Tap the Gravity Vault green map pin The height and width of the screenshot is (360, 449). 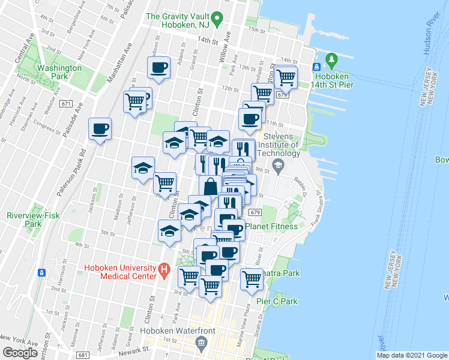point(219,17)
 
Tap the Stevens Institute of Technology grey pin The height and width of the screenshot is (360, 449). point(278,166)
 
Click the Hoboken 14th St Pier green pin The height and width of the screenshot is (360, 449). point(330,59)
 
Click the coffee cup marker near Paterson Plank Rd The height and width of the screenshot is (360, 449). point(100,128)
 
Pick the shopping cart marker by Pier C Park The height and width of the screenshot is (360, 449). point(252,278)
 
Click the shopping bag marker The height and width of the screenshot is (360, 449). point(210,187)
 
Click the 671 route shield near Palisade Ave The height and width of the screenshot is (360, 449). point(66,104)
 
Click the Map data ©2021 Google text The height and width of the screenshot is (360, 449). point(411,355)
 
